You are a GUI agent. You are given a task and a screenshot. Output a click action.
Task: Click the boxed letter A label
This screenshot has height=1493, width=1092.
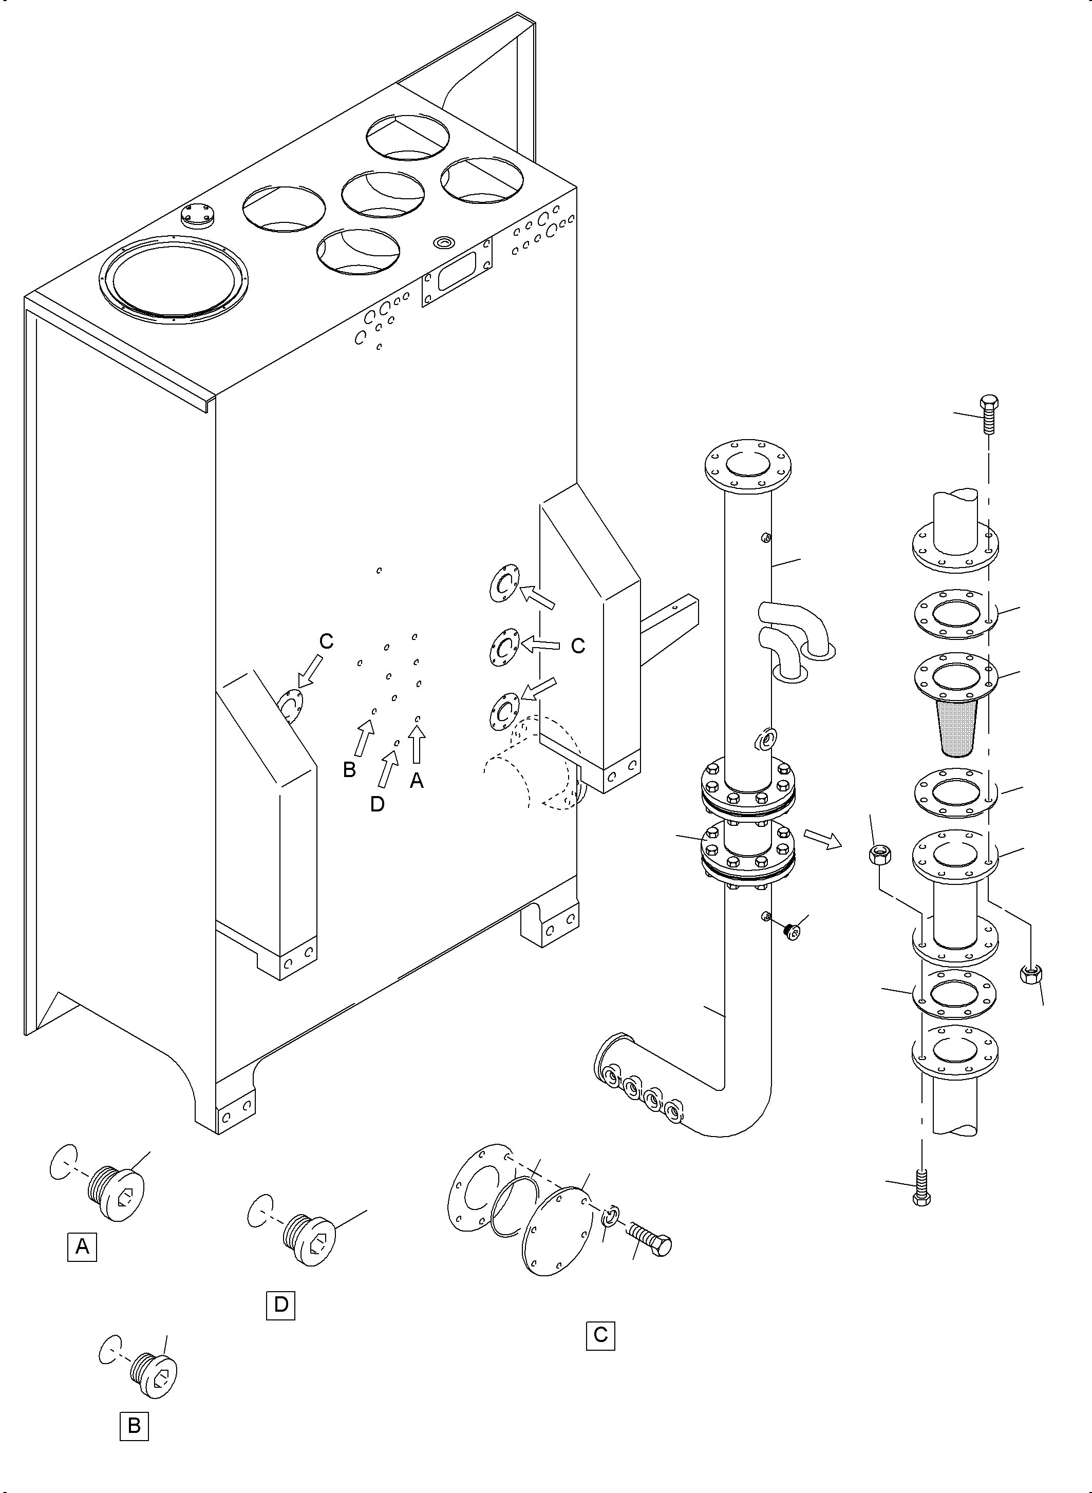pos(82,1246)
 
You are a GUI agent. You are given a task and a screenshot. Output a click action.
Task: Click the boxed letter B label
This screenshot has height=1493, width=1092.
pos(134,1426)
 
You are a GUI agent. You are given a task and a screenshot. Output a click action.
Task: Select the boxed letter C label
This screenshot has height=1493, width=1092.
pos(600,1334)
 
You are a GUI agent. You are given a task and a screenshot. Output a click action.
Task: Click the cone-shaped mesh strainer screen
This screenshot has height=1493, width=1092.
pos(956,729)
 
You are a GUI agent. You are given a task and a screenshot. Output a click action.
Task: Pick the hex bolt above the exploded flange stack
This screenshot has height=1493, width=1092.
pos(989,413)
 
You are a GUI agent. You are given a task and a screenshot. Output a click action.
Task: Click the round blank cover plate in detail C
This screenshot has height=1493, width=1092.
pos(555,1230)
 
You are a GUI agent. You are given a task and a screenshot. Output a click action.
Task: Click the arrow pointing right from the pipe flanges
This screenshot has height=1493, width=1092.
pos(822,838)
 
